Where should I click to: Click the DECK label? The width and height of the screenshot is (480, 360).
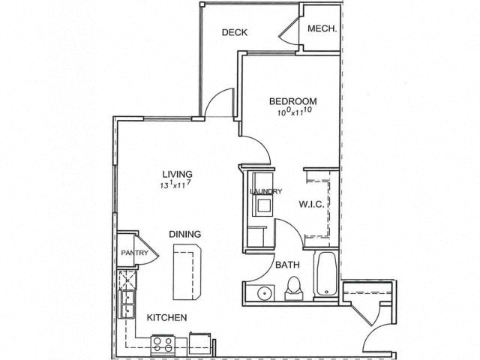pos(235,32)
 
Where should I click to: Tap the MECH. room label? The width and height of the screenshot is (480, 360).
pos(322,28)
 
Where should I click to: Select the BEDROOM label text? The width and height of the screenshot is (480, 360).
pos(293,101)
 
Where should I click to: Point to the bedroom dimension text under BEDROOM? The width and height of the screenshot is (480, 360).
pos(295,112)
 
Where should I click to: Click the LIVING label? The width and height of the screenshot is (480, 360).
pos(178,174)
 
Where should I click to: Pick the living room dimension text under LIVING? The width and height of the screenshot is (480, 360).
pos(176,184)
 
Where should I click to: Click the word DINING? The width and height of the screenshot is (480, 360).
pos(185,234)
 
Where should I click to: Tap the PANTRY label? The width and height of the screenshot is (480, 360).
pos(134,253)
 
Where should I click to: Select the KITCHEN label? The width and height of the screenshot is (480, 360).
pos(166,318)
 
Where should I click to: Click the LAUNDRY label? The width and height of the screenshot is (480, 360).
pos(266,192)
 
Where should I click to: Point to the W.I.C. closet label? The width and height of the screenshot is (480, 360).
pos(311,204)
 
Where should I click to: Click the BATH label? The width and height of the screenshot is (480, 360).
pos(287,265)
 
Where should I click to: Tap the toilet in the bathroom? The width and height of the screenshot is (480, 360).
pos(294,289)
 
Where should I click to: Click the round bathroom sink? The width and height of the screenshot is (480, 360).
pos(264,293)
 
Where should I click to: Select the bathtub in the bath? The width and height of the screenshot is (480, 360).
pos(327,274)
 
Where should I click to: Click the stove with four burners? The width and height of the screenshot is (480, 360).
pos(163,344)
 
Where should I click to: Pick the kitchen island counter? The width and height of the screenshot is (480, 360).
pos(187,271)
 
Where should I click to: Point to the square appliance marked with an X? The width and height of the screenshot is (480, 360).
pos(127,280)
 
